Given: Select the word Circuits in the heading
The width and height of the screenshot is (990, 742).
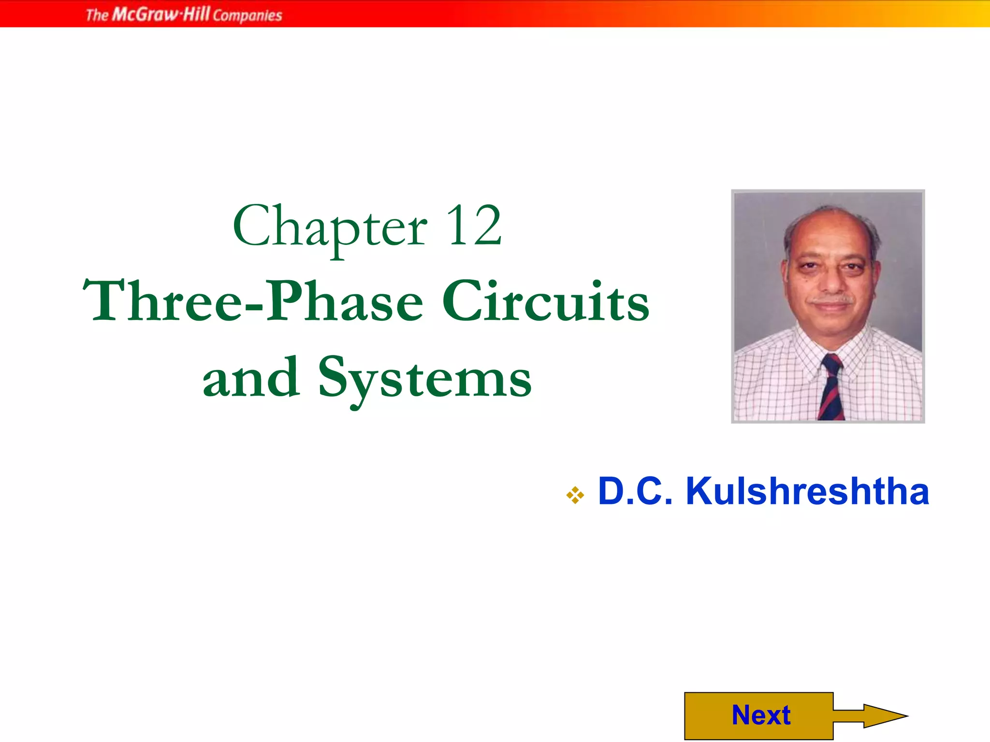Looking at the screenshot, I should (546, 301).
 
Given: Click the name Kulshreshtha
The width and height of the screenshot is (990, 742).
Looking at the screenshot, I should (807, 492).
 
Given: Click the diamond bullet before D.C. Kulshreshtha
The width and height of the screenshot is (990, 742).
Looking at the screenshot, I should (575, 495).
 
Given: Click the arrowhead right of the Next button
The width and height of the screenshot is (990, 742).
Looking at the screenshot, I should (885, 716).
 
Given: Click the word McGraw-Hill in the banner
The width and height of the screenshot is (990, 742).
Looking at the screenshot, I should (161, 14).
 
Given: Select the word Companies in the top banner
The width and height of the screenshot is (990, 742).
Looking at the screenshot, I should (247, 15).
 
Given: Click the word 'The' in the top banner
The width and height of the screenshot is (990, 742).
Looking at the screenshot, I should (97, 15).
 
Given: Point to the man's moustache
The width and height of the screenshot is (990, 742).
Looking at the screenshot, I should (832, 300).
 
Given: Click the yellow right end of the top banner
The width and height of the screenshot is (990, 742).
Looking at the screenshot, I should (976, 14).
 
